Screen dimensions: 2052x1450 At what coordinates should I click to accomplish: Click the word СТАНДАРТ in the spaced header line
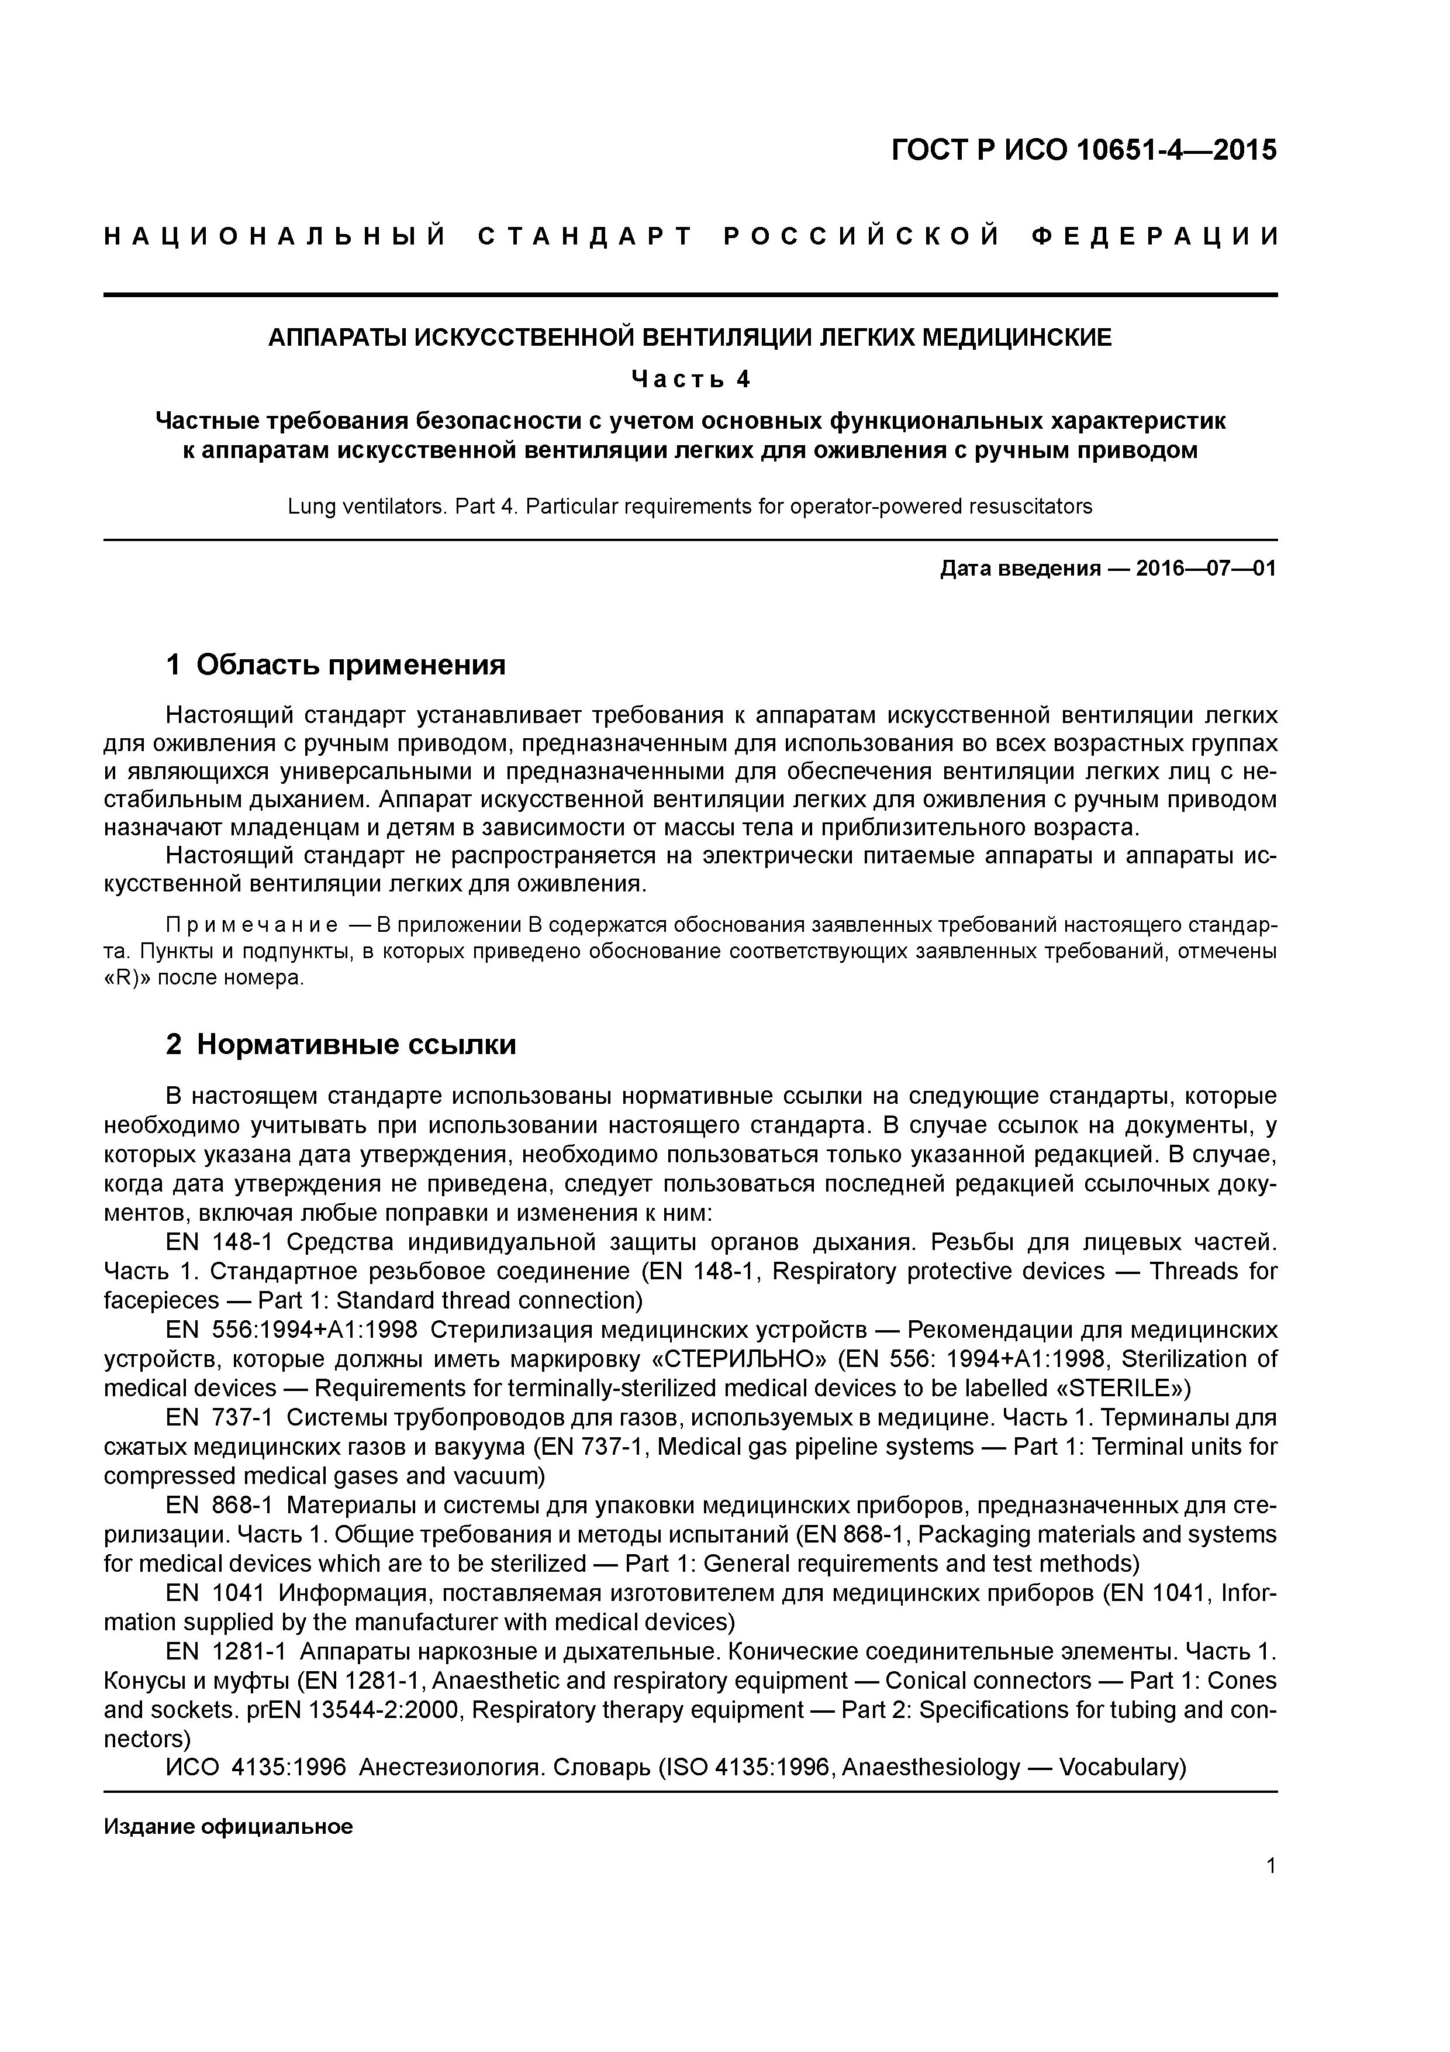tap(585, 237)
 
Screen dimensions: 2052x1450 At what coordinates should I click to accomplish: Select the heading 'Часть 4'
tap(691, 379)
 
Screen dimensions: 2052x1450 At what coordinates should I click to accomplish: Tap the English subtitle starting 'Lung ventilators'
tap(690, 507)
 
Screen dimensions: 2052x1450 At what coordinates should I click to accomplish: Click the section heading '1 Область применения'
tap(336, 665)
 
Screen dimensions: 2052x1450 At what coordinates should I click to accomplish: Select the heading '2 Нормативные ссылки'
tap(341, 1044)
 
